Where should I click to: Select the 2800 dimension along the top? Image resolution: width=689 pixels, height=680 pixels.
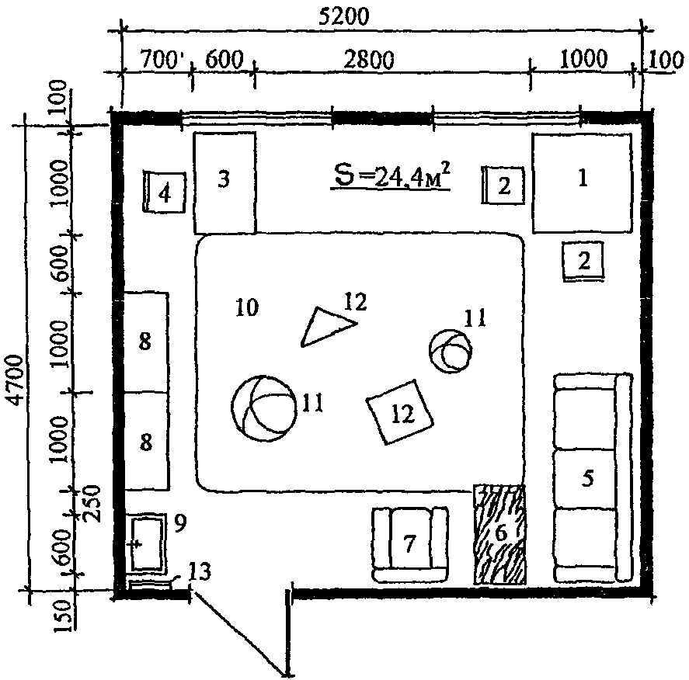pos(368,60)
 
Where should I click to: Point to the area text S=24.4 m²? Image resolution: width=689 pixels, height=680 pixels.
pos(391,176)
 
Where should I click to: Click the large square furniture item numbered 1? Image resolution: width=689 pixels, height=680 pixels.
pos(583,183)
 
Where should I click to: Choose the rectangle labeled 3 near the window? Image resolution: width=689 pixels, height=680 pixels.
pos(224,182)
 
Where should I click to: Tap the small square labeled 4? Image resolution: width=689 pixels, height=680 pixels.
pos(165,193)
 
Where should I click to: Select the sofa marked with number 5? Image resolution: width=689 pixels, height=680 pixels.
pos(593,478)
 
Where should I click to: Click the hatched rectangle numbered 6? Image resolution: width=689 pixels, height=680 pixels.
pos(499,534)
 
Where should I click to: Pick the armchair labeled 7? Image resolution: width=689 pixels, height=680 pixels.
pos(410,545)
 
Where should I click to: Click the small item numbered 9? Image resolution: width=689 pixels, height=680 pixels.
pos(148,544)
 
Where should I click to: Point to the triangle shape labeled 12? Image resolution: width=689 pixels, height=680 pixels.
pos(327,327)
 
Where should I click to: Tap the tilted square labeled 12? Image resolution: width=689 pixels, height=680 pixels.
pos(400,412)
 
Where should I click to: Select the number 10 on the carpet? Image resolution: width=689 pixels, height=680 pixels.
pos(247,307)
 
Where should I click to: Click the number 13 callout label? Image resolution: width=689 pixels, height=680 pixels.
pos(200,571)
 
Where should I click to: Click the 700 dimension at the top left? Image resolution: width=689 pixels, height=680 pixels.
pos(158,59)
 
